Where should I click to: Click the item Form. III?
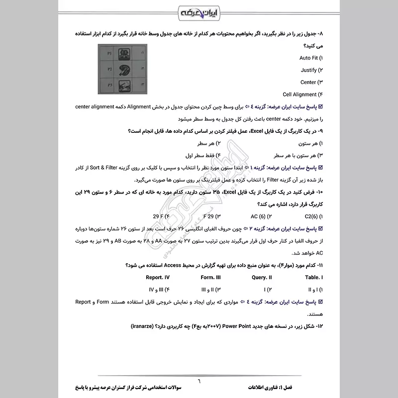[x=210, y=277]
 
